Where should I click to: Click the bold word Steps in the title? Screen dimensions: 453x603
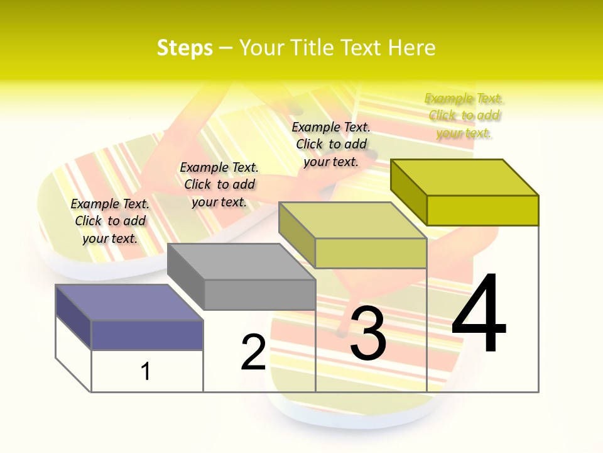185,48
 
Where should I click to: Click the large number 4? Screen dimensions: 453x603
479,313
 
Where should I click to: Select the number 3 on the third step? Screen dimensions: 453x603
368,333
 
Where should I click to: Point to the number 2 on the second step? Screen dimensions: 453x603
254,352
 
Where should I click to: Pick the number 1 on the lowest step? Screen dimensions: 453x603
146,371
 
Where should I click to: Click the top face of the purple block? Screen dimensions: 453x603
129,302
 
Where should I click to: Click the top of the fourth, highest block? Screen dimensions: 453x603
464,177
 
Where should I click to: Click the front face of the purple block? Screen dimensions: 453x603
147,335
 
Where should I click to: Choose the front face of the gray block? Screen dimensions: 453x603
259,294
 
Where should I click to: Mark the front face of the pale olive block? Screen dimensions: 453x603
371,253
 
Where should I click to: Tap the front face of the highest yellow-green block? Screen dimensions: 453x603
482,210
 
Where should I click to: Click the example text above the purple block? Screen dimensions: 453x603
111,221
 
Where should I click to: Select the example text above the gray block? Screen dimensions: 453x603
219,184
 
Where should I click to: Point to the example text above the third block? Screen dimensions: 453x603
331,144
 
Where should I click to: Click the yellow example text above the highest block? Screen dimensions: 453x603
464,115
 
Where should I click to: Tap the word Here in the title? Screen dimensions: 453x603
411,48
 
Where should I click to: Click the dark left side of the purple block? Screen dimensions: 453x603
73,316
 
